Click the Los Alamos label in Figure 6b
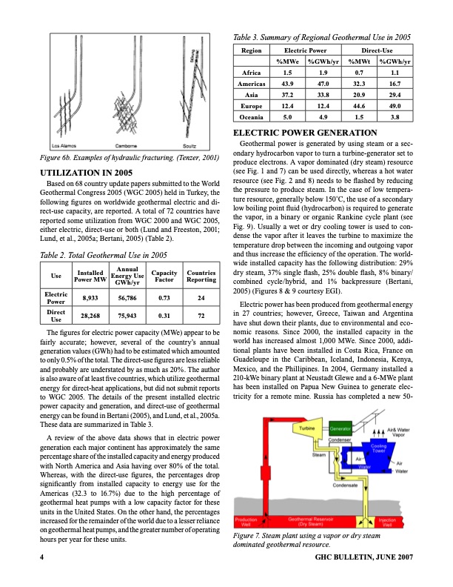click(61, 145)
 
